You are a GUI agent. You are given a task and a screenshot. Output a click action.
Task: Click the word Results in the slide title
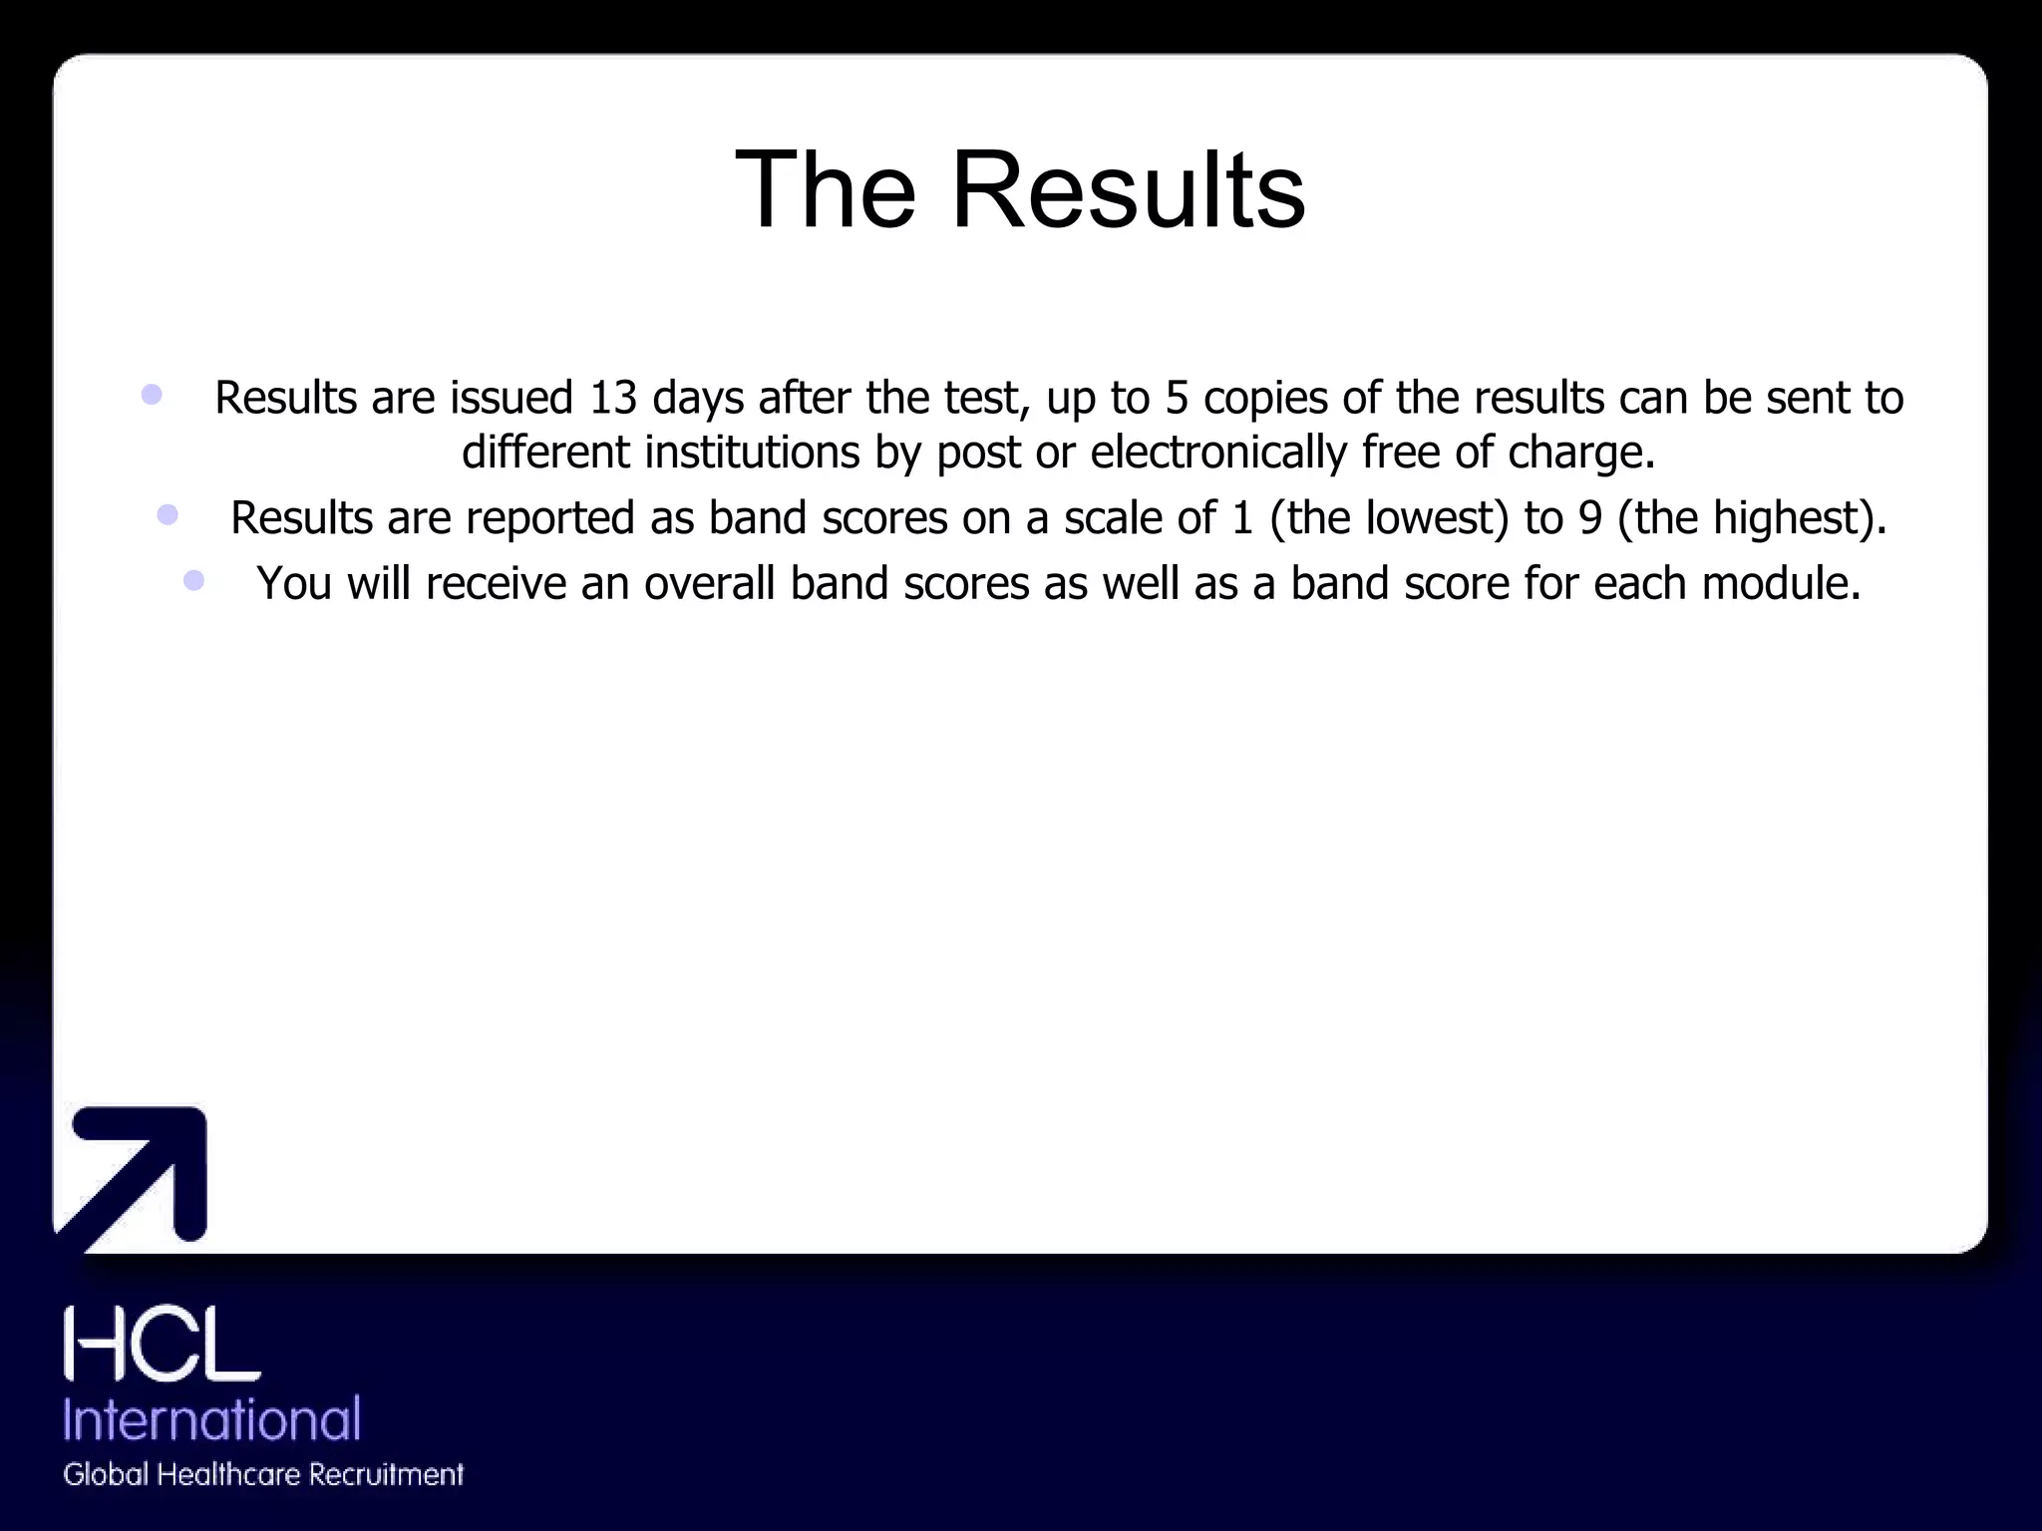pyautogui.click(x=1128, y=189)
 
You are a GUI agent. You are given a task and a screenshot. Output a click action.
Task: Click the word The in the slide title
pyautogui.click(x=825, y=189)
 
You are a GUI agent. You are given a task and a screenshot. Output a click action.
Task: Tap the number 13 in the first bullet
pyautogui.click(x=612, y=398)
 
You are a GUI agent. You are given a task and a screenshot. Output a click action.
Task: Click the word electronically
pyautogui.click(x=1218, y=453)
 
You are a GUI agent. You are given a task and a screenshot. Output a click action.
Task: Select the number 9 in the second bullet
pyautogui.click(x=1590, y=518)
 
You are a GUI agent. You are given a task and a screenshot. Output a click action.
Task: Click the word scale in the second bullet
pyautogui.click(x=1106, y=518)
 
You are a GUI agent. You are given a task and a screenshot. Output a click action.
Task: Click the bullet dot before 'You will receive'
pyautogui.click(x=194, y=580)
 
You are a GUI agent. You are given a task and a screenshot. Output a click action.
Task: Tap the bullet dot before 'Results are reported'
pyautogui.click(x=168, y=514)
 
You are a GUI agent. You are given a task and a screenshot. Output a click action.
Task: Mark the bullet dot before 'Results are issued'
pyautogui.click(x=152, y=394)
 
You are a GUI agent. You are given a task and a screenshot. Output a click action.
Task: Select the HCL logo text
pyautogui.click(x=162, y=1345)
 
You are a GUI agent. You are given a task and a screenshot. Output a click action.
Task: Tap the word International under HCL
pyautogui.click(x=211, y=1418)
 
